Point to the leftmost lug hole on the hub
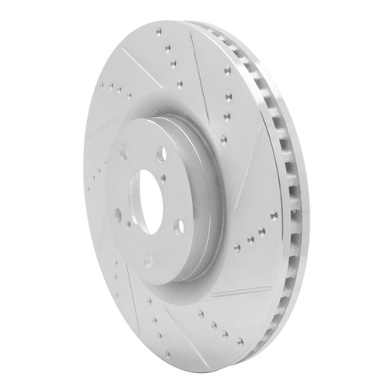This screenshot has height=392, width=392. click(117, 212)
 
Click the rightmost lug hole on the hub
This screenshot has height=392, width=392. click(180, 226)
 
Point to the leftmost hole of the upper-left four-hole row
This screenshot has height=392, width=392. click(95, 79)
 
